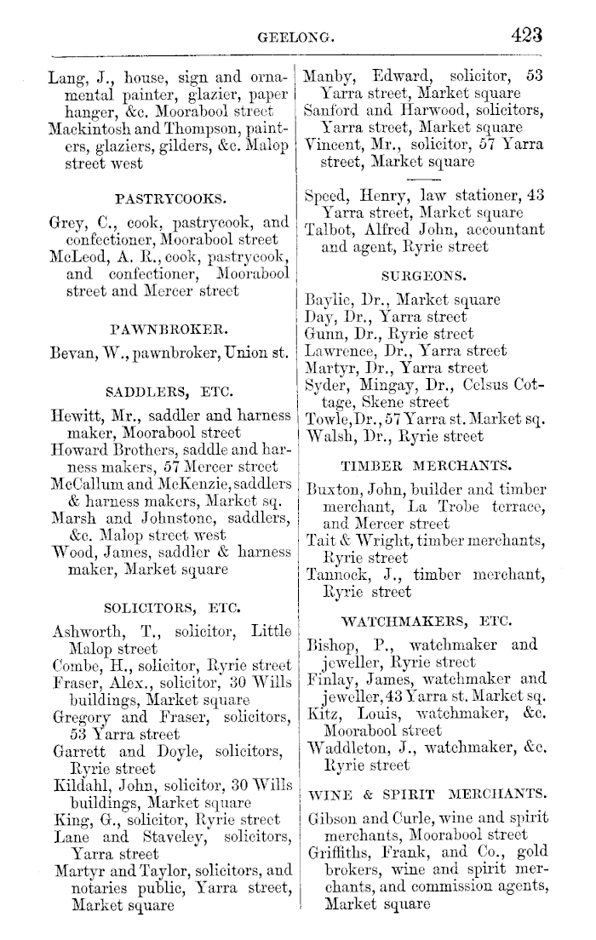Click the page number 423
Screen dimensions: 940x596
click(527, 35)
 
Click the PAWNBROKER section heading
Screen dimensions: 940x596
click(170, 327)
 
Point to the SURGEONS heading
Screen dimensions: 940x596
click(423, 276)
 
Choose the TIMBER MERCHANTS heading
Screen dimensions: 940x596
click(425, 466)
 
